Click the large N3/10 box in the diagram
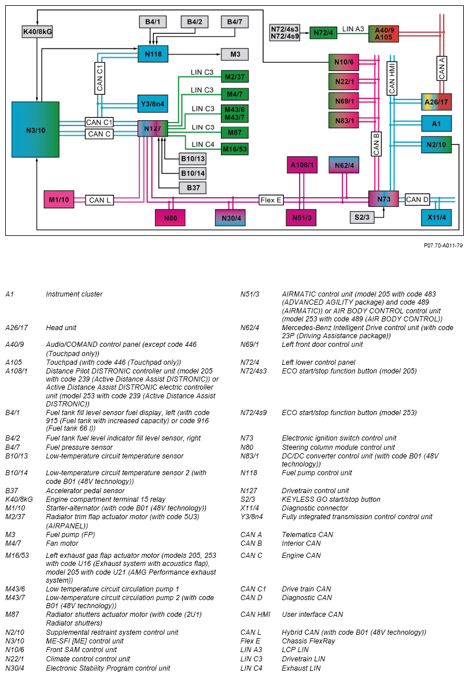pyautogui.click(x=35, y=130)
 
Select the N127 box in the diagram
pyautogui.click(x=153, y=128)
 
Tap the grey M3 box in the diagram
pyautogui.click(x=235, y=54)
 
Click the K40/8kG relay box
pyautogui.click(x=37, y=31)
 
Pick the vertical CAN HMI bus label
pyautogui.click(x=392, y=78)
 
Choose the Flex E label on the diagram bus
pyautogui.click(x=271, y=200)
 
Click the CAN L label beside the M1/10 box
pyautogui.click(x=99, y=200)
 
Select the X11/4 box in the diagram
pyautogui.click(x=435, y=217)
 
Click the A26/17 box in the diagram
pyautogui.click(x=436, y=102)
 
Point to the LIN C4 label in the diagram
pyautogui.click(x=203, y=145)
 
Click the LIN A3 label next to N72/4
pyautogui.click(x=353, y=28)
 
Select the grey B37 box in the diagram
pyautogui.click(x=193, y=187)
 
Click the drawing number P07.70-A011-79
pyautogui.click(x=442, y=246)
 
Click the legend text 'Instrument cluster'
pyautogui.click(x=74, y=294)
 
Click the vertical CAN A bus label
pyautogui.click(x=442, y=68)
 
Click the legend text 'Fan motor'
pyautogui.click(x=62, y=543)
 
